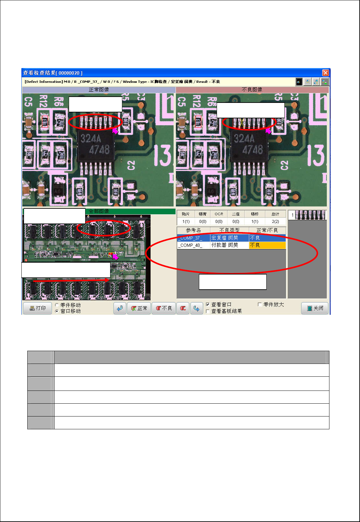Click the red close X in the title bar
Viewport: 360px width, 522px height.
pos(325,73)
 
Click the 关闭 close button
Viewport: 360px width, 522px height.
pos(315,308)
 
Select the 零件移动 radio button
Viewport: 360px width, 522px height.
pos(57,305)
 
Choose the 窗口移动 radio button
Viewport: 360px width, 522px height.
pos(57,311)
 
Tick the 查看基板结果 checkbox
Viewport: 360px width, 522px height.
pos(207,311)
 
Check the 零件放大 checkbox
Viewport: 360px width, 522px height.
pos(260,305)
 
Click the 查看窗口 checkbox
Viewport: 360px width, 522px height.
pos(207,305)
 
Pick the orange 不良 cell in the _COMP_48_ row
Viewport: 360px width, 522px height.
pos(267,245)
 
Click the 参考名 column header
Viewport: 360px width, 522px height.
pos(193,230)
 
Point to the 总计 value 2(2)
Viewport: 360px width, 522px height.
pos(275,222)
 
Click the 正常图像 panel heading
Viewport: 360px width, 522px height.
pos(99,90)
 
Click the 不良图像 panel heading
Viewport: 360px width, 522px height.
pos(252,90)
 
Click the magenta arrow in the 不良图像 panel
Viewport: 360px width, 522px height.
pos(268,131)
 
